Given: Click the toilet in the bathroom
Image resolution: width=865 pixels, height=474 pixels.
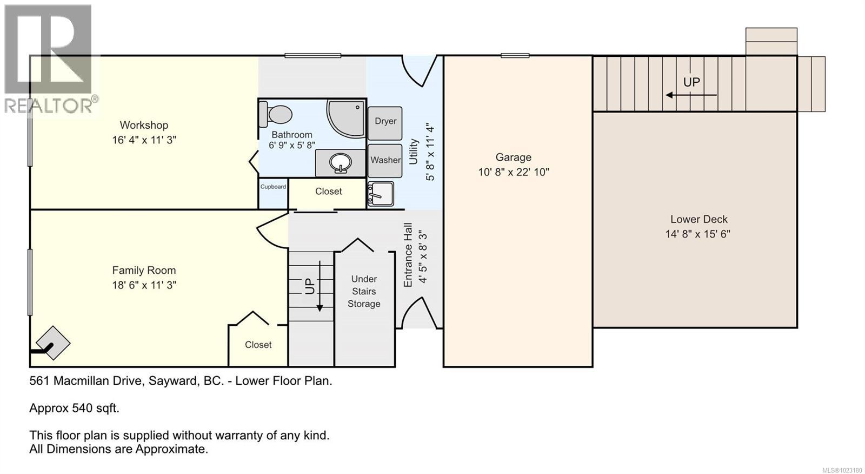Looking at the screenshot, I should point(276,114).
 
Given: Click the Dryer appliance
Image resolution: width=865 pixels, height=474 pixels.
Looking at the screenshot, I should point(385,121).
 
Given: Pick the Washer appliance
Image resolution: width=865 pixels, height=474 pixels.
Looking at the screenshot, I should point(385,160).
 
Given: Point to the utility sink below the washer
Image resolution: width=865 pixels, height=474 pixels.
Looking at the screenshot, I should point(381,193).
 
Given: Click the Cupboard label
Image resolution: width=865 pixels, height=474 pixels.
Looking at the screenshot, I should point(273,187).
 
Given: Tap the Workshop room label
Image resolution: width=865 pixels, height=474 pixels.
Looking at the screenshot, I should point(144,125).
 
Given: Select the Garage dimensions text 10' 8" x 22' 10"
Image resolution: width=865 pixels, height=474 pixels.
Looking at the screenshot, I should point(513,172).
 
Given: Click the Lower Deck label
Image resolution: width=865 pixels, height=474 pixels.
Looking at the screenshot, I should point(698,219).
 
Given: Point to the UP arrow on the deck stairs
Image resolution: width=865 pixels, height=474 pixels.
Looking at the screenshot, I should point(691,95).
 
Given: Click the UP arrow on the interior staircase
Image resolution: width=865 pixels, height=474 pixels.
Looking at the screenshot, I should point(319,287).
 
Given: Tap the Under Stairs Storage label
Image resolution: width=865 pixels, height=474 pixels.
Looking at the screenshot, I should point(364,291).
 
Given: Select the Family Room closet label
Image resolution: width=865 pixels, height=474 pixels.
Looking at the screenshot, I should point(258,345).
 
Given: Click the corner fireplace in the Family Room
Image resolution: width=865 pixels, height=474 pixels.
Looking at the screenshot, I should point(53,343).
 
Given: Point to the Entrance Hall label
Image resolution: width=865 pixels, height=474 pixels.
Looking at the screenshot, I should point(408,254).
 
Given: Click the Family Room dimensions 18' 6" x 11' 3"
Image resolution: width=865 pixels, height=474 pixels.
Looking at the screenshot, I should point(144,285).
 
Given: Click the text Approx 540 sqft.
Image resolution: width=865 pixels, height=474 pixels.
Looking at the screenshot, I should point(74,408).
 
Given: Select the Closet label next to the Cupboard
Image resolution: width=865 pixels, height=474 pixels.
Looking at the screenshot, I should point(328,192).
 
